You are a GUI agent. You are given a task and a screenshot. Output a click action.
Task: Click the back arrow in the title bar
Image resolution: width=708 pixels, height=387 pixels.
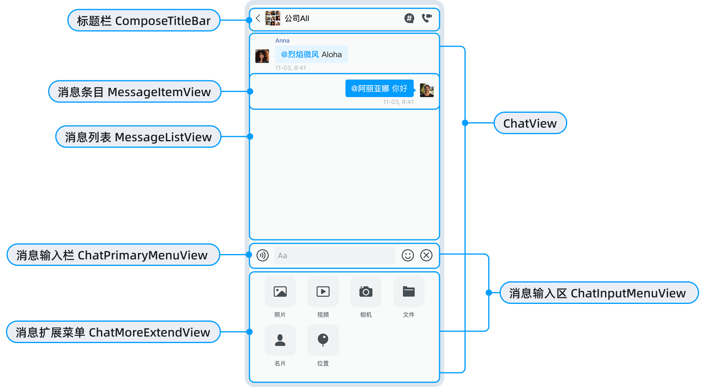[x=258, y=18]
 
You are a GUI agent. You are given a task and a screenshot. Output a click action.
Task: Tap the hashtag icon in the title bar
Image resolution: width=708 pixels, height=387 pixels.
[x=409, y=18]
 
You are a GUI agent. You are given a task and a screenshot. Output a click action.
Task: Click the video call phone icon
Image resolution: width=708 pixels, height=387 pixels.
[x=426, y=18]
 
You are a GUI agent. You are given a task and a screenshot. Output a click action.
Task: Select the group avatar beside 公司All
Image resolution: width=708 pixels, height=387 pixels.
[x=273, y=18]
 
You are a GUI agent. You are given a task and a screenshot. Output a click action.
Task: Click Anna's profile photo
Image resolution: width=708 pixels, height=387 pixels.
[x=262, y=56]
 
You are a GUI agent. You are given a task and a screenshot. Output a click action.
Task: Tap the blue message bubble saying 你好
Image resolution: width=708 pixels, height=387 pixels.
[x=379, y=88]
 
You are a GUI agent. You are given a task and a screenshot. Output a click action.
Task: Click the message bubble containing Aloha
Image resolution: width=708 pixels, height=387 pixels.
[x=311, y=55]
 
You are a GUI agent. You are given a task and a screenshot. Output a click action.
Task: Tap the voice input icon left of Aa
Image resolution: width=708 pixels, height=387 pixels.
[x=263, y=255]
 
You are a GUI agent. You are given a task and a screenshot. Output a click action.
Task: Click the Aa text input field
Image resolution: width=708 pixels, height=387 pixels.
[x=334, y=256]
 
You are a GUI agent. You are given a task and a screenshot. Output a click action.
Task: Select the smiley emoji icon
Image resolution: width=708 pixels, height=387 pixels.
[x=407, y=255]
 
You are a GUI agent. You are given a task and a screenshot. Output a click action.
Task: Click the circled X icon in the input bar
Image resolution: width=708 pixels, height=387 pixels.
[x=426, y=255]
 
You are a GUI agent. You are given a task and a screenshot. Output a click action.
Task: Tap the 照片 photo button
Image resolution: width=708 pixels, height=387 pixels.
[x=280, y=292]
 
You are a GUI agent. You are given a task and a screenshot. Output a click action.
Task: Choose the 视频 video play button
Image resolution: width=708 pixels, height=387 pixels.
[x=323, y=292]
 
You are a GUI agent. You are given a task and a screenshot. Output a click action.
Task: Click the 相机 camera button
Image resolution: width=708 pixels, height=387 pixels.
[x=366, y=292]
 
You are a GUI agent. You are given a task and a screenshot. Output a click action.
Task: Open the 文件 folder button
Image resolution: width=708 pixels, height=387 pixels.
[x=409, y=292]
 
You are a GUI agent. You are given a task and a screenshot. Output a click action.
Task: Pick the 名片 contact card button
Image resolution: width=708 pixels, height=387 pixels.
[x=280, y=340]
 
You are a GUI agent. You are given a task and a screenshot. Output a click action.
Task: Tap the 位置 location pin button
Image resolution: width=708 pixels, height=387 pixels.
[x=323, y=340]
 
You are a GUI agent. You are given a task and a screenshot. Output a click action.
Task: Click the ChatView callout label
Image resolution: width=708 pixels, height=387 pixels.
[x=530, y=123]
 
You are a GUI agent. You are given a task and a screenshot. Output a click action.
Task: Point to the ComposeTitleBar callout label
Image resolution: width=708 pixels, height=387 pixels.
[x=144, y=21]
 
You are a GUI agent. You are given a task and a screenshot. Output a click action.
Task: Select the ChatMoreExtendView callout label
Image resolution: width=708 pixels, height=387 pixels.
[x=113, y=332]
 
